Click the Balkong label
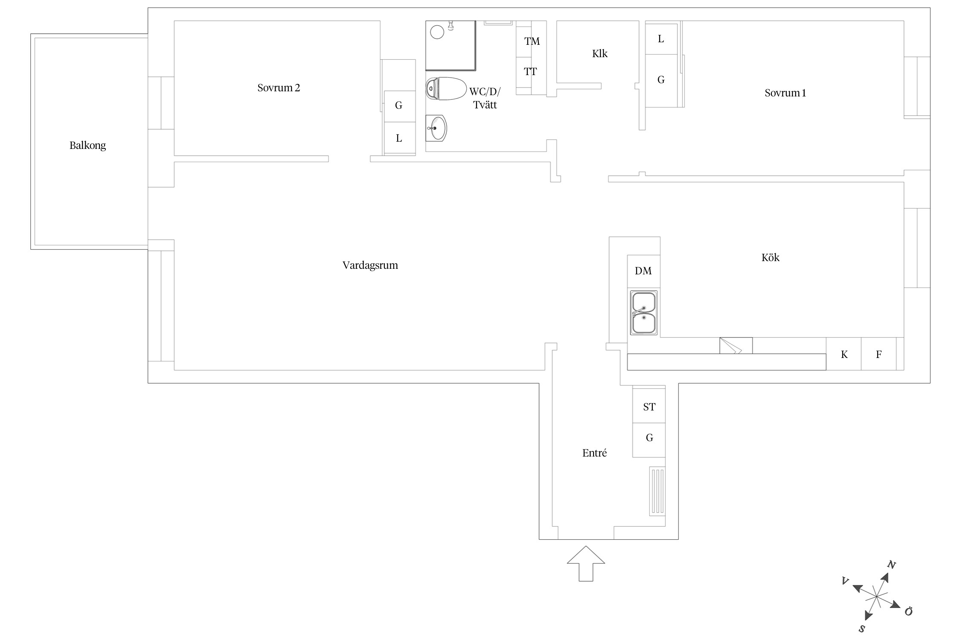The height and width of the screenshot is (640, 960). [87, 145]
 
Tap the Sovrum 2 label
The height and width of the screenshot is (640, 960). [279, 88]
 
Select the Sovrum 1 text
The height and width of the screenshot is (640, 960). [785, 93]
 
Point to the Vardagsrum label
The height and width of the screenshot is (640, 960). [370, 265]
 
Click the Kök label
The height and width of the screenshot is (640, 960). [770, 257]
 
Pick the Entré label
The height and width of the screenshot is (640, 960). [594, 453]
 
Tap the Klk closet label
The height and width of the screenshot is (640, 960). [599, 54]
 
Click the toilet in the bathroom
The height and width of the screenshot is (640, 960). [446, 89]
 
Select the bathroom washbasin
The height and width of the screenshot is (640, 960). [436, 128]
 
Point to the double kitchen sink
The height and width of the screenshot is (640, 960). [644, 313]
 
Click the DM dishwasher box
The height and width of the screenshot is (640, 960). [643, 271]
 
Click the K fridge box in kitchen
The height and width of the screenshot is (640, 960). [844, 354]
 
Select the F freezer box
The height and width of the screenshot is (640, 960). [878, 354]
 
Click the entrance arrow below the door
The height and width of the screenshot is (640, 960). [586, 564]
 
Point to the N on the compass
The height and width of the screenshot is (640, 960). [891, 565]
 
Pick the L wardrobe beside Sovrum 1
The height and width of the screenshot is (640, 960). [661, 39]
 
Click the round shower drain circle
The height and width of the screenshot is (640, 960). [437, 32]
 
